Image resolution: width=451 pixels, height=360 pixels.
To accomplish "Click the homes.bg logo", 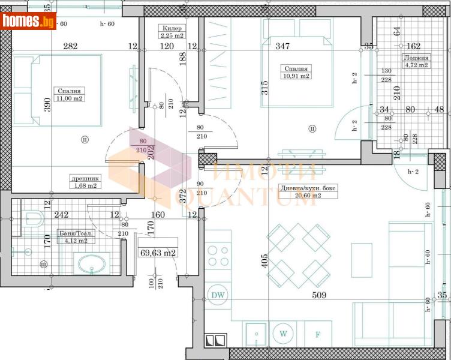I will click(x=28, y=21).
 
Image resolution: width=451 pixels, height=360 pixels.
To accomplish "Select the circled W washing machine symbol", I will click(x=282, y=332).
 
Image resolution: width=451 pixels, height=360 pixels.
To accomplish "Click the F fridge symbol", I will click(x=318, y=333).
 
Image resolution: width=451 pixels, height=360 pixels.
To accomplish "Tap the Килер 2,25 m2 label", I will click(x=172, y=32).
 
